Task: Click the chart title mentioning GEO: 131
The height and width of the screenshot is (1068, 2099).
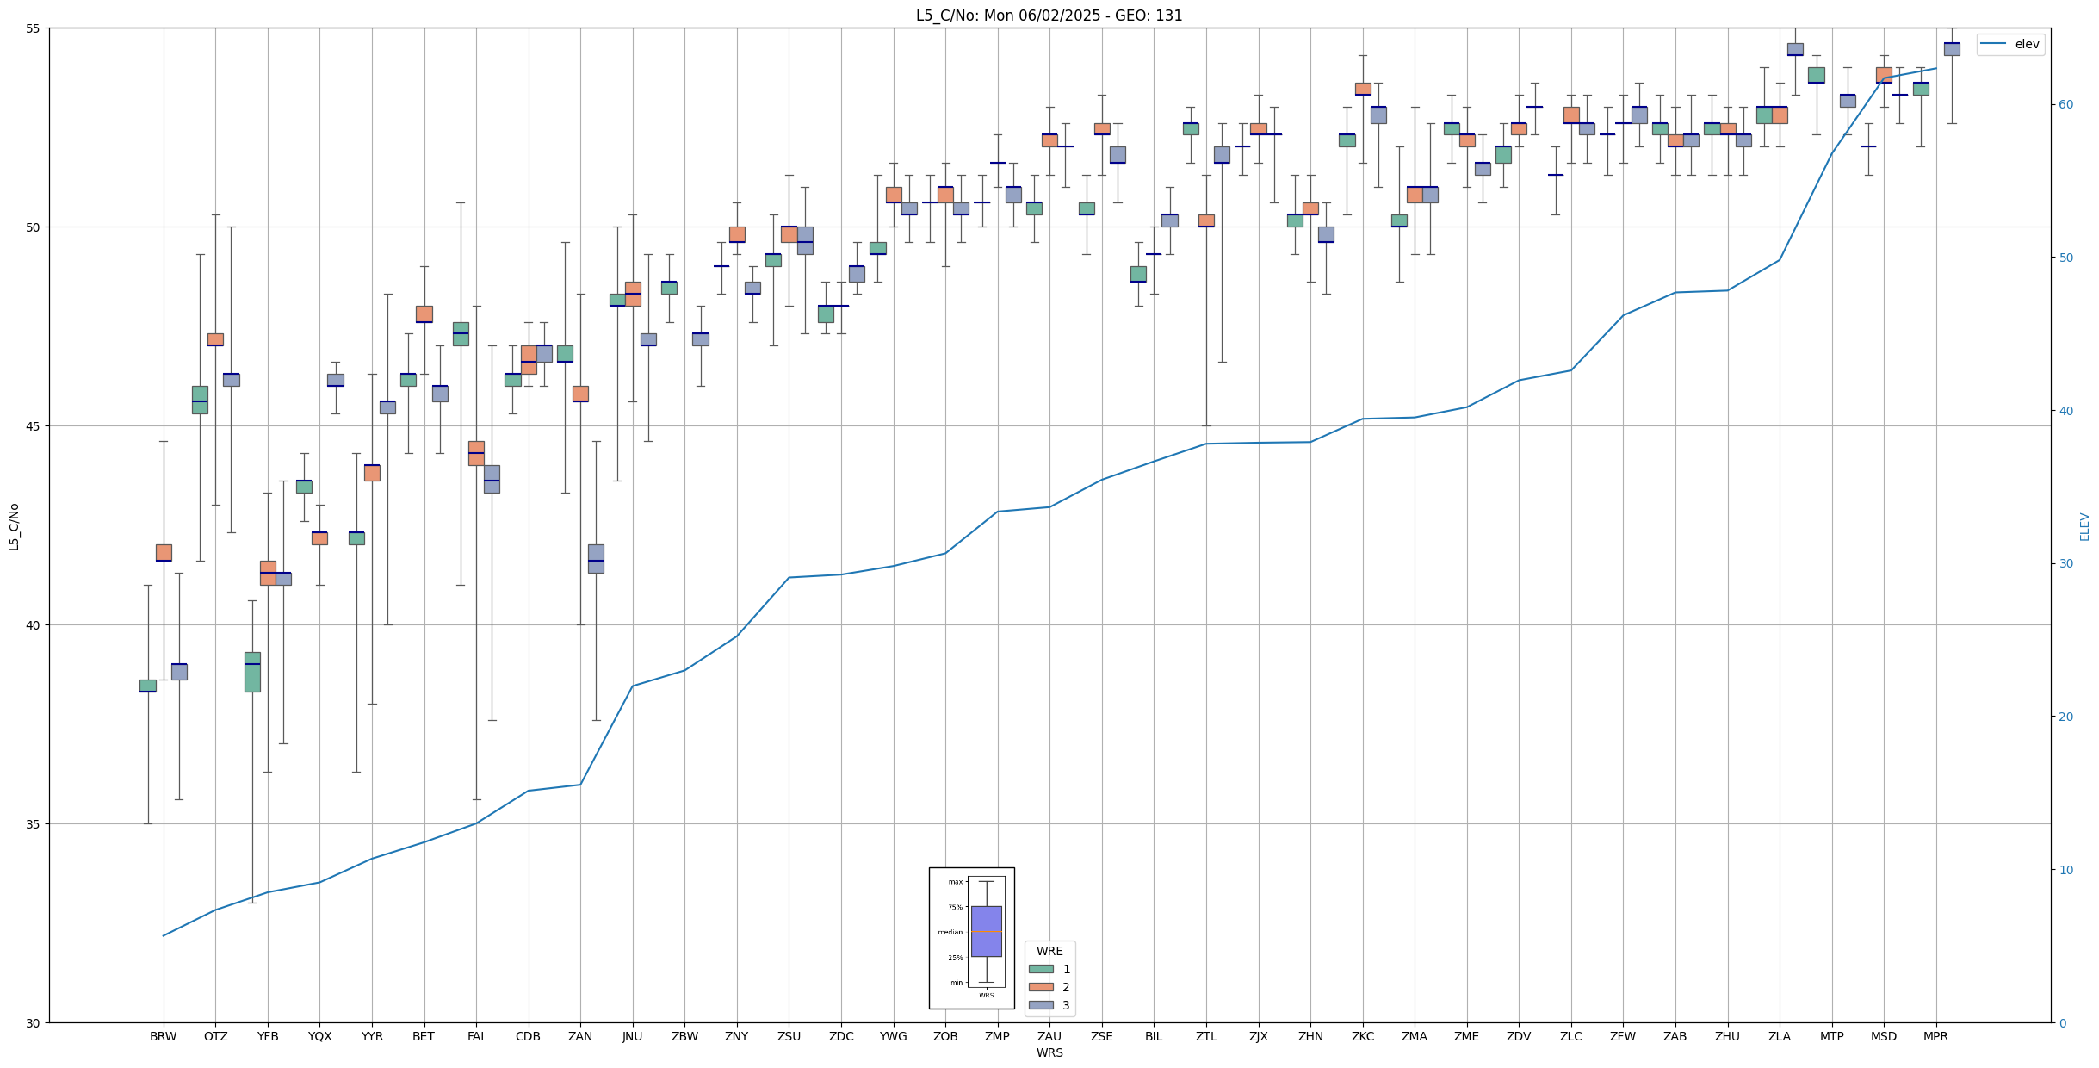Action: (x=1049, y=16)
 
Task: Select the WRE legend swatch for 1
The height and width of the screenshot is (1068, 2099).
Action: (x=1041, y=969)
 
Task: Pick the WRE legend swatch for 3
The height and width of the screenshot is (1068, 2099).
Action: (x=1041, y=1005)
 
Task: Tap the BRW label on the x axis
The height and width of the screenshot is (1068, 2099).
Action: (x=163, y=1036)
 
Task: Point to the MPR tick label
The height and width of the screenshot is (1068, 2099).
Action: (x=1935, y=1036)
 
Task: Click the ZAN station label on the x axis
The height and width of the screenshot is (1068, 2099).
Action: (x=580, y=1036)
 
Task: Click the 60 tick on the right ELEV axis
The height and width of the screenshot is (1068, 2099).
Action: (x=2065, y=105)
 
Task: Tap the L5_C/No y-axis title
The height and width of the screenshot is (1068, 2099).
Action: (x=14, y=525)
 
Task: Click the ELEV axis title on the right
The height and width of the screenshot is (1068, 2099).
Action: (x=2084, y=526)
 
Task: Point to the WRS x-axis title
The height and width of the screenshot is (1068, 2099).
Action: (x=1049, y=1052)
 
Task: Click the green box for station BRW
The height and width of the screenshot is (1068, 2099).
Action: (x=148, y=686)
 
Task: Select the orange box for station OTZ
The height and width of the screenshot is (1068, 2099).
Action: (x=215, y=339)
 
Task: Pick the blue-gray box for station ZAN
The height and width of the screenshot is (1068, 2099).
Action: (x=596, y=558)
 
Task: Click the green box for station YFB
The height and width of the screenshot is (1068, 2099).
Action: (x=252, y=672)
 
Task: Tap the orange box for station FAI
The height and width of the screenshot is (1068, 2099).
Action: (x=476, y=453)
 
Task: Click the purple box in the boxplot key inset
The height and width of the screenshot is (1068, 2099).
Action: (x=986, y=931)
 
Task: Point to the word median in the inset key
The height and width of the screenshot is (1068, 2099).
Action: (x=950, y=933)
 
